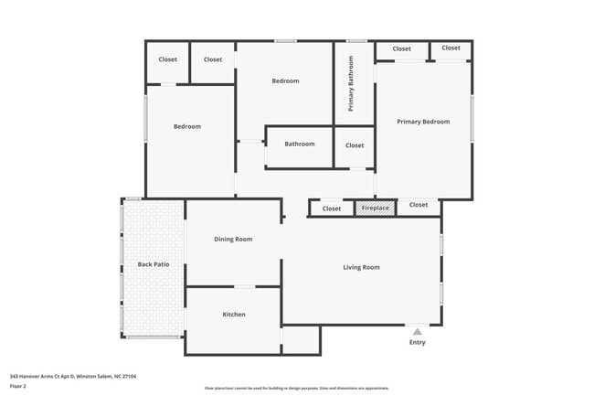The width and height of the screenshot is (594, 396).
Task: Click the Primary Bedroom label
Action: coord(422,122)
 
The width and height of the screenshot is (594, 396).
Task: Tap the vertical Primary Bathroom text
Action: coord(351,84)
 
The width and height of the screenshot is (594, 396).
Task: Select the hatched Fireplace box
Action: coord(375,209)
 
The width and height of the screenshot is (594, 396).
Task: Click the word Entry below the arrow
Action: coord(417,343)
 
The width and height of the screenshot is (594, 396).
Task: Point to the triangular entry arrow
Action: coord(417,331)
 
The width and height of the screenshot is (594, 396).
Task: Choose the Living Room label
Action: coord(361,267)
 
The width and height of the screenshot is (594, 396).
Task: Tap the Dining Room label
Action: coord(233,240)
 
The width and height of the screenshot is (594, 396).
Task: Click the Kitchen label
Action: coord(234,315)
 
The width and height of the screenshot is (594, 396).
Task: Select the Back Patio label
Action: coord(154,265)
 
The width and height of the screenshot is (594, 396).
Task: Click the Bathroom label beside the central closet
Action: coord(299,144)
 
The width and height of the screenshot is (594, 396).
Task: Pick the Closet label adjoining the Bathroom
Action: coord(355,145)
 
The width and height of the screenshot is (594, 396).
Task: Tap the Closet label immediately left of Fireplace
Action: coord(332,209)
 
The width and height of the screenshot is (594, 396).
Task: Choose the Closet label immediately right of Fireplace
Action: coord(419,205)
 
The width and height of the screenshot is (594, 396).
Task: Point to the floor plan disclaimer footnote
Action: coord(297,388)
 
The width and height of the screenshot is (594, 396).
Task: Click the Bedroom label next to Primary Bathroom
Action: coord(285,81)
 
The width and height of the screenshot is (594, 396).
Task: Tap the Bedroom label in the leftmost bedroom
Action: coord(187,126)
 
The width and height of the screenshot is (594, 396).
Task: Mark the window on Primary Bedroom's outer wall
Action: coord(472,119)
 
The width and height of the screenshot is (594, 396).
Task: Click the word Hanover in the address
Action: coord(29,375)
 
